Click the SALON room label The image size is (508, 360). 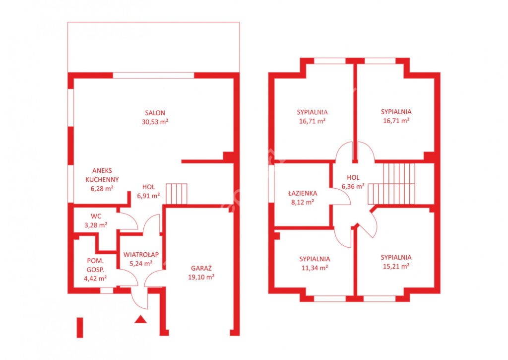click(155, 113)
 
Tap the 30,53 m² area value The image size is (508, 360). click(155, 122)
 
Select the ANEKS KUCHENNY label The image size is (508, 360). click(102, 175)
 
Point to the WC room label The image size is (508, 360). click(96, 216)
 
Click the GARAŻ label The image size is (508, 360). click(201, 268)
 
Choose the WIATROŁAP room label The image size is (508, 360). click(141, 255)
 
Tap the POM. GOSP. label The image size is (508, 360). click(95, 265)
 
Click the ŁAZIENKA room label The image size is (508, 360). click(303, 193)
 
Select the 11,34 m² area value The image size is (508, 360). click(315, 268)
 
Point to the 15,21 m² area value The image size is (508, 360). click(396, 266)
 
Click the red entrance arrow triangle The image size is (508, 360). click(140, 319)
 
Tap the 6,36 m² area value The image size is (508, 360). click(353, 187)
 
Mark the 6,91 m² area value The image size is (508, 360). click(148, 196)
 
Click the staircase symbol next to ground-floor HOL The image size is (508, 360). click(177, 194)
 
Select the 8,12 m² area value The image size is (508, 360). click(303, 203)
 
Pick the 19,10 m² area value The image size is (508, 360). click(201, 277)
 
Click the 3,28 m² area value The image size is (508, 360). click(96, 225)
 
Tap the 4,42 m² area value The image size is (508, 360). click(95, 278)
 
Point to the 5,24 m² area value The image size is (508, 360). click(141, 264)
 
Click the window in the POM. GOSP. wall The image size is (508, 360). click(107, 290)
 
